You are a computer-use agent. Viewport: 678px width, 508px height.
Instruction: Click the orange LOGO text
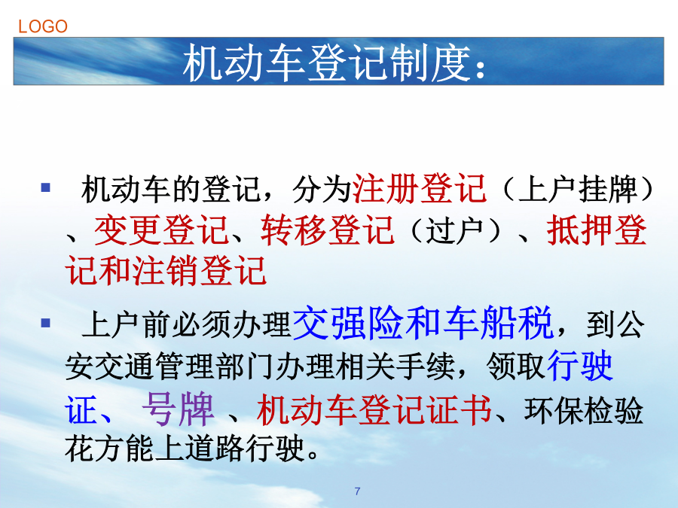43,26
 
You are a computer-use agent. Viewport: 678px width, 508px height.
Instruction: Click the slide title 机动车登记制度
326,63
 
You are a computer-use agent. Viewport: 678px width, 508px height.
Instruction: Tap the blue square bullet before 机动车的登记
45,188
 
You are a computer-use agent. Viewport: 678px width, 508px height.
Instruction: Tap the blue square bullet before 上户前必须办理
45,323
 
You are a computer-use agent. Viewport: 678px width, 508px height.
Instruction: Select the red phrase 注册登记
420,188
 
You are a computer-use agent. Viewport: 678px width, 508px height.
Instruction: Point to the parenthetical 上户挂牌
578,189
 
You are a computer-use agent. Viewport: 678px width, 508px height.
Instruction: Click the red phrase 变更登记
161,230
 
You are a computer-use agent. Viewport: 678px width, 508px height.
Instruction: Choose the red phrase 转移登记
328,230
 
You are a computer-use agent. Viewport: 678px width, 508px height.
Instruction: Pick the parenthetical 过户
454,230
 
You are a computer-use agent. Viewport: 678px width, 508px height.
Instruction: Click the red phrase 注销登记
199,270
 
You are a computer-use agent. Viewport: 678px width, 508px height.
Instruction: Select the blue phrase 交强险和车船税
423,323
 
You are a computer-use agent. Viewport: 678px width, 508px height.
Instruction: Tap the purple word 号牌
178,409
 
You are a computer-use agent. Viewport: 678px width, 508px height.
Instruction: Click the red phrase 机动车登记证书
374,409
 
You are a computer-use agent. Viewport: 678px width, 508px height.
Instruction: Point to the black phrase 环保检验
583,410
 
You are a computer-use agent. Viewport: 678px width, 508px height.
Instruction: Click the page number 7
357,491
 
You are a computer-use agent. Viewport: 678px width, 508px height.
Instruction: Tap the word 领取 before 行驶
515,367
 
